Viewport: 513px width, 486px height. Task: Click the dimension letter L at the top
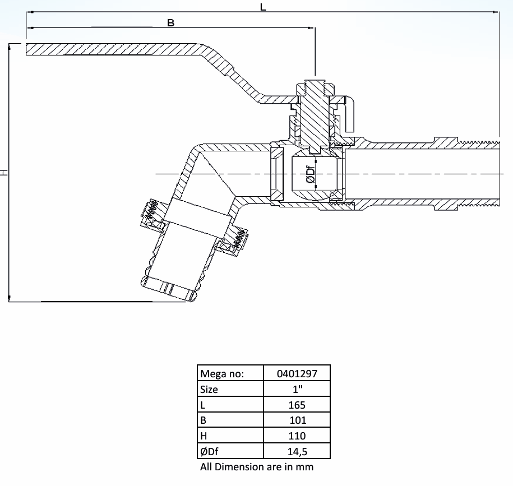pyautogui.click(x=263, y=7)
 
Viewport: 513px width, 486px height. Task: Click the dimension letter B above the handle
pyautogui.click(x=171, y=23)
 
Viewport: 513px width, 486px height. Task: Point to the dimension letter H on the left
pyautogui.click(x=5, y=173)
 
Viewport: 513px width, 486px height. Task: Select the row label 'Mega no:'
pyautogui.click(x=222, y=373)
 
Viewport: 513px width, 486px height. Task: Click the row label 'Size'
pyautogui.click(x=209, y=389)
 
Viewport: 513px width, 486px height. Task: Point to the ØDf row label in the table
pyautogui.click(x=210, y=451)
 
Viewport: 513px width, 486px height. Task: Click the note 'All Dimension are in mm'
pyautogui.click(x=257, y=467)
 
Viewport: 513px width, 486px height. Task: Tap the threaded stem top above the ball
pyautogui.click(x=316, y=85)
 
